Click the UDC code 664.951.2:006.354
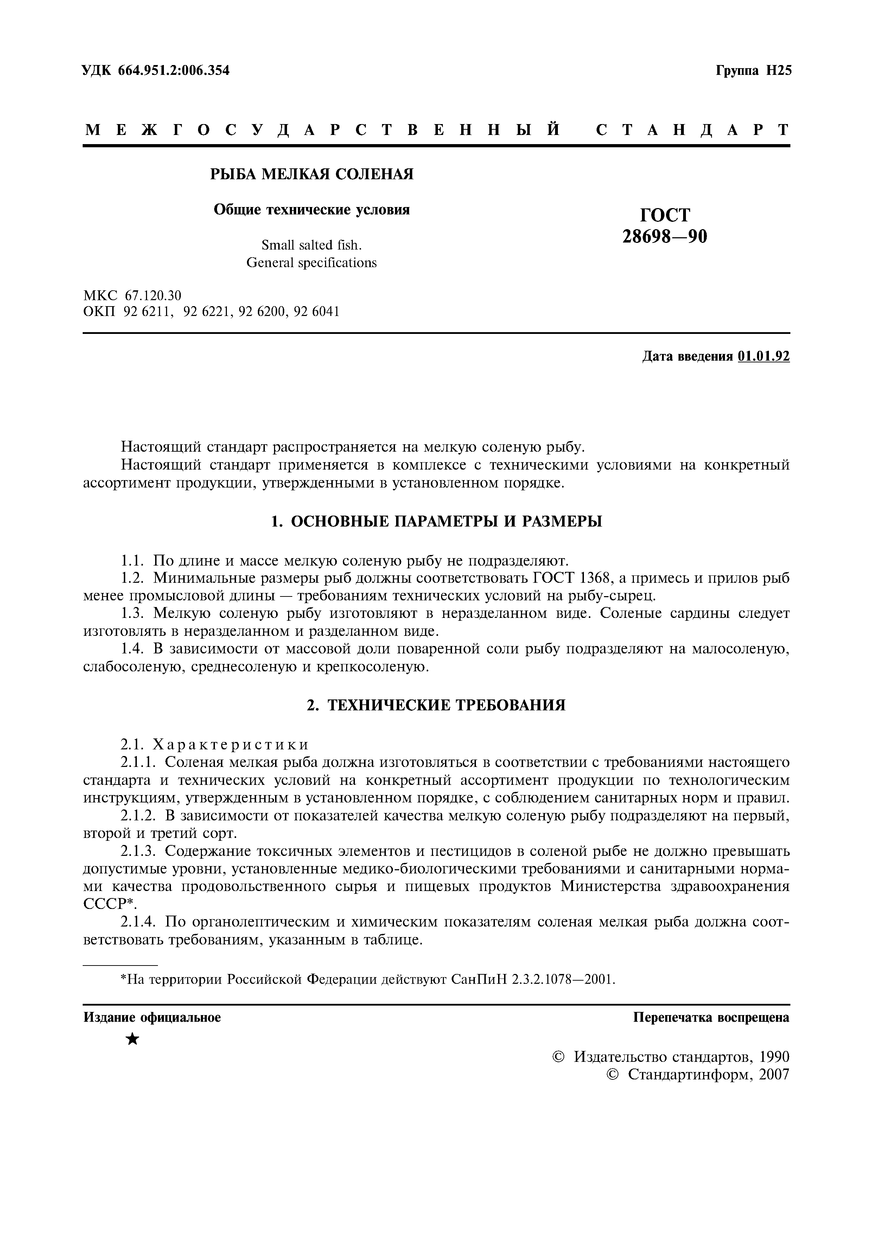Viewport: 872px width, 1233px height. pos(171,70)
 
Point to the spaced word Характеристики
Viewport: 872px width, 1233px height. pos(231,744)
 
